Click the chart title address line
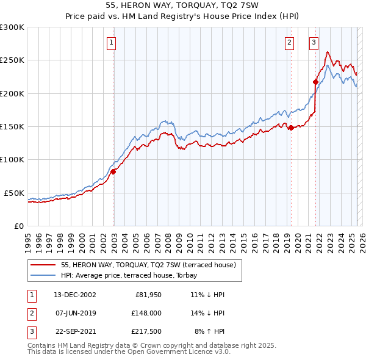[x=182, y=5]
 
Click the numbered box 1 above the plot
[x=113, y=42]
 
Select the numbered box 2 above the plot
[x=289, y=42]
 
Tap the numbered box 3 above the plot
[x=314, y=42]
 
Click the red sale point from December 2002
[x=113, y=171]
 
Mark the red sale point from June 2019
[x=291, y=128]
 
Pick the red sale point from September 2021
[x=315, y=82]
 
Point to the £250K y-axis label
[x=12, y=60]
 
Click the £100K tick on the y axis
[x=12, y=159]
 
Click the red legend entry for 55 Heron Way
[x=152, y=265]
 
